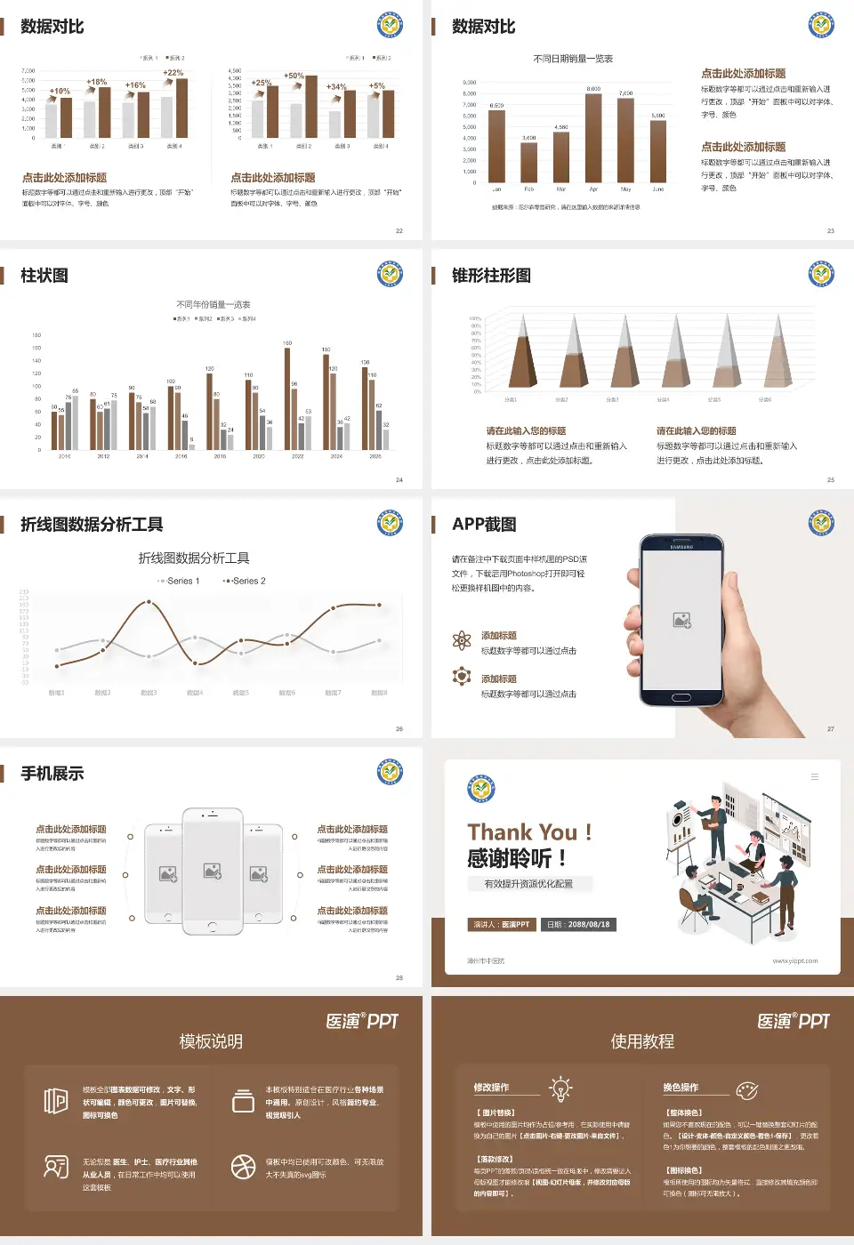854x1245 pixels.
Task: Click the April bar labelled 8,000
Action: pos(593,138)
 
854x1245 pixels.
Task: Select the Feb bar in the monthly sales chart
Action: pos(528,162)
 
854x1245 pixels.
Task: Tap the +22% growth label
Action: pos(173,73)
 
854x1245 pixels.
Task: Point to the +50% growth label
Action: pos(294,76)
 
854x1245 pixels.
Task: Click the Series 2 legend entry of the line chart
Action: pos(245,581)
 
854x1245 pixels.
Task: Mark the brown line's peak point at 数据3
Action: pos(149,602)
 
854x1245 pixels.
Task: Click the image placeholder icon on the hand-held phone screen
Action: pos(682,621)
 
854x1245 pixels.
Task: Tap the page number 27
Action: pos(831,729)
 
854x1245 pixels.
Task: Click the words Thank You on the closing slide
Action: pos(522,832)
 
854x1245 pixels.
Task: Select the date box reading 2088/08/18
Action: pos(578,925)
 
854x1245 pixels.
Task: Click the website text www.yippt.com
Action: pos(795,961)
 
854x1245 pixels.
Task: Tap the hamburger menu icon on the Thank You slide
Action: pos(814,776)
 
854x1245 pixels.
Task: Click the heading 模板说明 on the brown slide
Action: pos(211,1041)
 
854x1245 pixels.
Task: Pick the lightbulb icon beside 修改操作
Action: pos(560,1088)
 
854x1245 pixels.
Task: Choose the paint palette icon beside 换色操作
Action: pos(746,1090)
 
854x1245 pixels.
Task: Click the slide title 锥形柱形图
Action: pos(491,276)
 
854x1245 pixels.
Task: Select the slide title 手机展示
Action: pos(52,774)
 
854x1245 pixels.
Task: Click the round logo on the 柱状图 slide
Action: pos(390,274)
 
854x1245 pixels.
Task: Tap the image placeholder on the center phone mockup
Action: pos(212,871)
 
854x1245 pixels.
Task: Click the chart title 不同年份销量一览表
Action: pos(213,304)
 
